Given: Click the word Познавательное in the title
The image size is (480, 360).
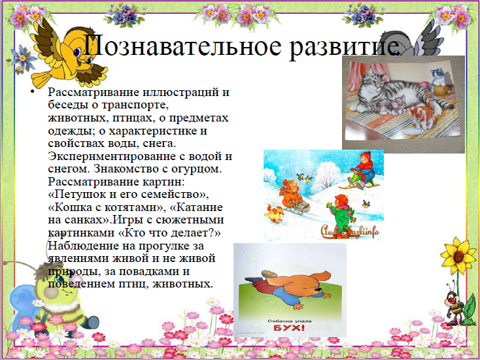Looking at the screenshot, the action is pyautogui.click(x=182, y=46).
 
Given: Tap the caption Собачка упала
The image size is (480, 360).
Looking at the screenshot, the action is pyautogui.click(x=289, y=321).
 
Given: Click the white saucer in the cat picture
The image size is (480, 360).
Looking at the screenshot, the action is pyautogui.click(x=413, y=132).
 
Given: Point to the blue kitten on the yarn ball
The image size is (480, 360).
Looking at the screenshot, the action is pyautogui.click(x=438, y=76).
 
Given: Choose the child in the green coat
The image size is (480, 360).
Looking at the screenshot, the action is pyautogui.click(x=342, y=214).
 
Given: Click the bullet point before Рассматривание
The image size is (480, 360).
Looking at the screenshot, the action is pyautogui.click(x=33, y=91).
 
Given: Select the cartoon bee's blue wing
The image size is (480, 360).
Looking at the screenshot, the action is pyautogui.click(x=22, y=302).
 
